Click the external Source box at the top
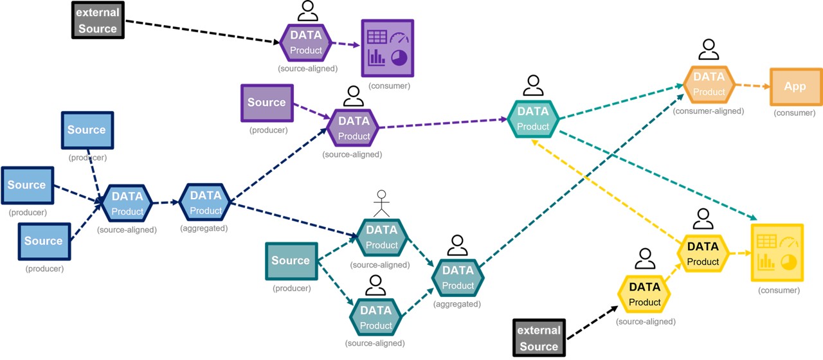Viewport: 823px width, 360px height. point(98,21)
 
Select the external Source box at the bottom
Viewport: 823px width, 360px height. point(539,338)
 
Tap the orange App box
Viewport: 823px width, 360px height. point(795,87)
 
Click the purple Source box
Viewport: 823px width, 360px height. point(267,103)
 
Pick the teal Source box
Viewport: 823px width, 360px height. point(291,261)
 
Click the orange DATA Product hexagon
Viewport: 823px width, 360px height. point(709,84)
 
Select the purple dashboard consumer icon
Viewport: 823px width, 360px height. point(388,47)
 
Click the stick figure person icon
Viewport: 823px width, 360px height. point(383,202)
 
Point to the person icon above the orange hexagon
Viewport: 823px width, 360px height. point(709,49)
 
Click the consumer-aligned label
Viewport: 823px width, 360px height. point(708,111)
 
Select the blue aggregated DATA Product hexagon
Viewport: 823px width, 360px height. point(206,203)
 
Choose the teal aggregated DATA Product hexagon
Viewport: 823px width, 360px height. point(458,278)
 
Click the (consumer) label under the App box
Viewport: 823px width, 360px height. point(795,113)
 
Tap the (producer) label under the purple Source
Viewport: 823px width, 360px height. point(268,130)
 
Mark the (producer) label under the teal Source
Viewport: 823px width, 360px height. point(292,289)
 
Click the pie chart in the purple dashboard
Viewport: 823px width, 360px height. point(400,58)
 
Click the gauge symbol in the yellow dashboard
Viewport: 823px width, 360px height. point(788,242)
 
